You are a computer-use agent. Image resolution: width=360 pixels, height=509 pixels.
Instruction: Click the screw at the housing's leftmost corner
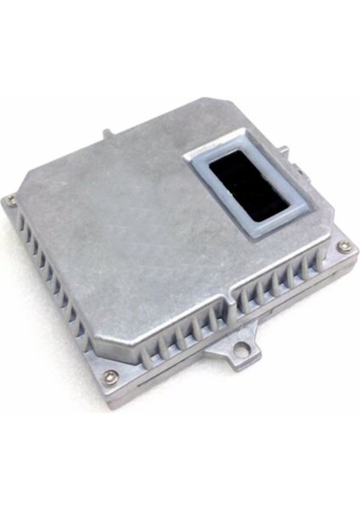[10, 200]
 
